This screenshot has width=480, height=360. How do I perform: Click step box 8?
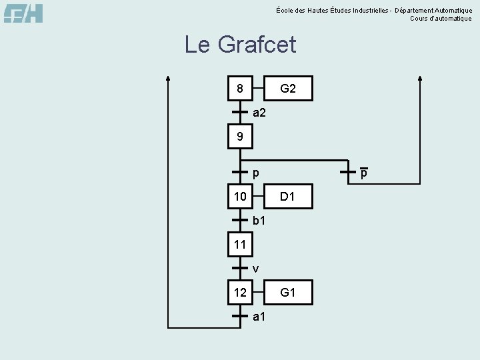click(239, 88)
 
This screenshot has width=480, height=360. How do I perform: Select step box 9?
click(239, 137)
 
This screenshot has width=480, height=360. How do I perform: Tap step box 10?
click(239, 196)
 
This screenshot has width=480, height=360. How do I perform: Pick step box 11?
click(239, 245)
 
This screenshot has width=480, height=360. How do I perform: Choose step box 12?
click(239, 292)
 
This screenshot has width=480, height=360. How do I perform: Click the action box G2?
click(287, 88)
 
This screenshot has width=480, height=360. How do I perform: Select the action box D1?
click(287, 196)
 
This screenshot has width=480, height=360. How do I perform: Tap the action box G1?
click(287, 292)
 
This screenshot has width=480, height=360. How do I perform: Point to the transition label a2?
click(259, 113)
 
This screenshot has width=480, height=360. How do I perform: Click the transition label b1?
click(259, 220)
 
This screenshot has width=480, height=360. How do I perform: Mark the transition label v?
click(256, 269)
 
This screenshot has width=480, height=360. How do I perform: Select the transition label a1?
click(259, 316)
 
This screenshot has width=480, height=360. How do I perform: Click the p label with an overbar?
click(364, 173)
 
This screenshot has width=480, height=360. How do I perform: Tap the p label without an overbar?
click(256, 173)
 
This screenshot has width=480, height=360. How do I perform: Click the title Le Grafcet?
click(240, 45)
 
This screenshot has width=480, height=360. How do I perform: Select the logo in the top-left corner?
click(23, 13)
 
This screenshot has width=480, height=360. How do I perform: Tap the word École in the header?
click(283, 10)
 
